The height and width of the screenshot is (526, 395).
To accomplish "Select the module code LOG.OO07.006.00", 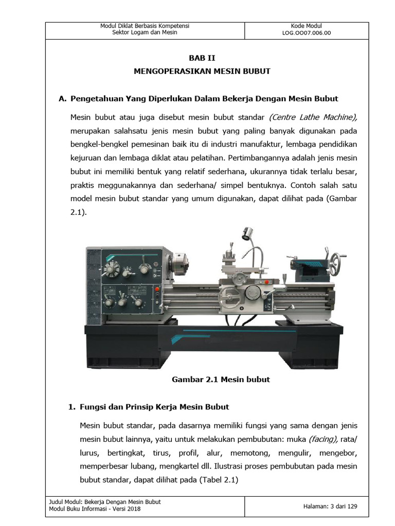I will pos(306,33).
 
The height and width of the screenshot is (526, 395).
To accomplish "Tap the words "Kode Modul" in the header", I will pos(306,26).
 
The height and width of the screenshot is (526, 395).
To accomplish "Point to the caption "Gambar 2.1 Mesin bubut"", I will pos(221,380).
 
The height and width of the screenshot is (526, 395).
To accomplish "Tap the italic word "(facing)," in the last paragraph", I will pos(323,440).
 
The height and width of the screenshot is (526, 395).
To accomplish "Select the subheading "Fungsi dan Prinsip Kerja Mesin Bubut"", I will pos(154,407).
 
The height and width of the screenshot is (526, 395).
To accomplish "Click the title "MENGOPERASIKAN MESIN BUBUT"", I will pos(202,71).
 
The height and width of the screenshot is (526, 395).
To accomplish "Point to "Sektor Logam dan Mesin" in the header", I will pos(145,33).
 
